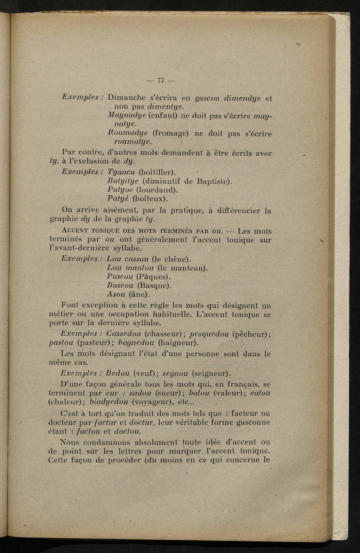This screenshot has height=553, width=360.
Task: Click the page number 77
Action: (161, 80)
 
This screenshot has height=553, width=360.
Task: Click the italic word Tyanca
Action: (121, 172)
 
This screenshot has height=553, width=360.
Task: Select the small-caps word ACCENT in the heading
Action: (75, 231)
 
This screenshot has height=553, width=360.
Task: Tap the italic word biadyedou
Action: (109, 401)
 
